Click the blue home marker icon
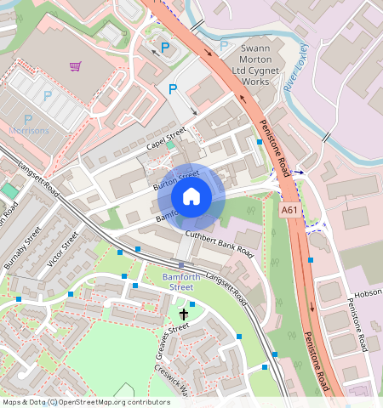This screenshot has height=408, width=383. [191, 196]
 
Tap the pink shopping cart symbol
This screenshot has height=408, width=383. [76, 65]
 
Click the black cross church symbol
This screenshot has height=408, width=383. [183, 314]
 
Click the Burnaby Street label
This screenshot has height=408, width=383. [22, 247]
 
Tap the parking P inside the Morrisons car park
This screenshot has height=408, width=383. [48, 97]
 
